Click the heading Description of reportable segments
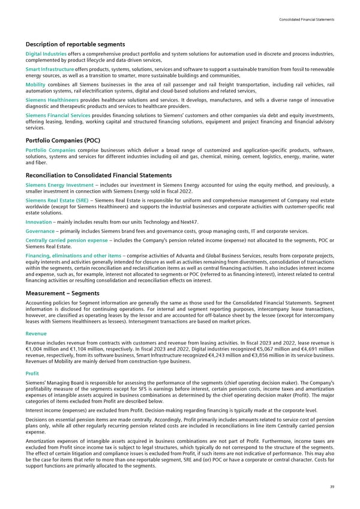click(75, 44)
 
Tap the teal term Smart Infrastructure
click(49, 69)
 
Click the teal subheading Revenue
click(35, 331)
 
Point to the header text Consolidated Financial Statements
click(306, 20)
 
